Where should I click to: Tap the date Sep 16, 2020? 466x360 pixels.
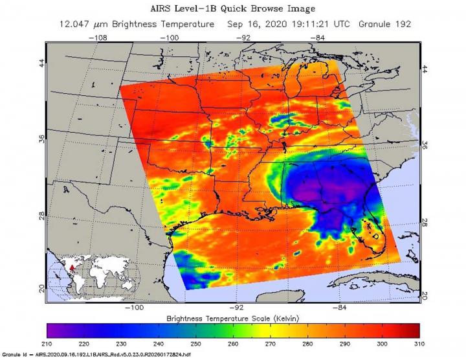(x=258, y=24)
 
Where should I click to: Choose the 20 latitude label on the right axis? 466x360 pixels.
(x=425, y=295)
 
